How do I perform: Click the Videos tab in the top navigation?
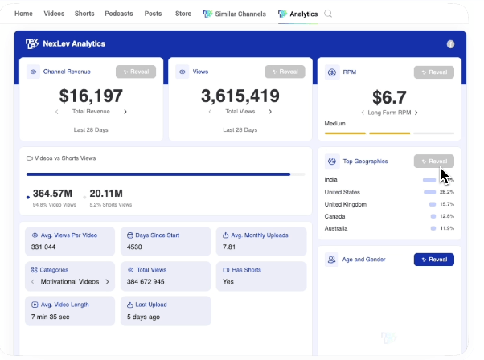click(x=54, y=14)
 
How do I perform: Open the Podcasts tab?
click(x=119, y=14)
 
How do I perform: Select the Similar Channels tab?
click(x=236, y=14)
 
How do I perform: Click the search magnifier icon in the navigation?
click(x=328, y=14)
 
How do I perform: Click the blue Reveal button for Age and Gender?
click(x=433, y=260)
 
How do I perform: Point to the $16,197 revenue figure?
click(x=91, y=96)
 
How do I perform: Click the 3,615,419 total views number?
click(x=240, y=96)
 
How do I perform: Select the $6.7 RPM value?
click(x=389, y=96)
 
